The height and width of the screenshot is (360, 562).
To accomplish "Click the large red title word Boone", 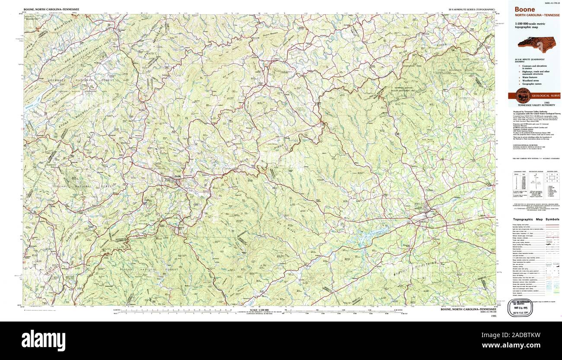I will coord(524,10).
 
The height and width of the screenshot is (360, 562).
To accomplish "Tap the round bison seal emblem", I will coord(522,96).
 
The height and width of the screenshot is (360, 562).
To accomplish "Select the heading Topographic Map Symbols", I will coord(536,219).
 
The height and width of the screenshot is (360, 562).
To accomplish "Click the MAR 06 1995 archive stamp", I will coord(520,308).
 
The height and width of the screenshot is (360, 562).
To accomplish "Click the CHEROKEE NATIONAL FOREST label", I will coord(76,80).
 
